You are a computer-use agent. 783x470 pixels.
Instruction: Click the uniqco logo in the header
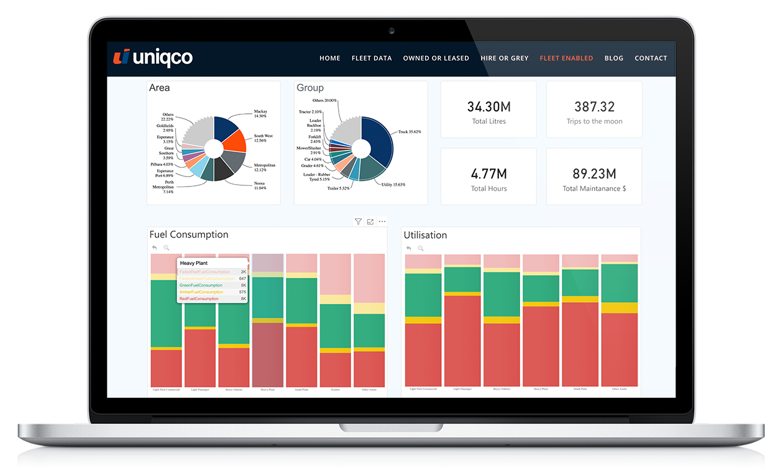tap(153, 57)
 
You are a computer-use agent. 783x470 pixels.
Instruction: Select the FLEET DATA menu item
tap(372, 58)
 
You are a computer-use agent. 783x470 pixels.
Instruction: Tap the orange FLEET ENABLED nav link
tap(566, 58)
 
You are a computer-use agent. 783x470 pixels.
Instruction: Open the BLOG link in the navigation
tap(613, 58)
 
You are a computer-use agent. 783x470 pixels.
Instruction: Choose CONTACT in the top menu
tap(651, 58)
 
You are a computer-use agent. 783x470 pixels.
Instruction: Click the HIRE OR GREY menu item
tap(504, 58)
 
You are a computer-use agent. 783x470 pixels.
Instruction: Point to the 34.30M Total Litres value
tap(488, 107)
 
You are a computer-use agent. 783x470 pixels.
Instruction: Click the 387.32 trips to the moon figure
tap(594, 107)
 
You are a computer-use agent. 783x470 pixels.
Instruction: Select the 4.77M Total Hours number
tap(488, 174)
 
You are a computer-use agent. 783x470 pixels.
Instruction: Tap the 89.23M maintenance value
tap(594, 174)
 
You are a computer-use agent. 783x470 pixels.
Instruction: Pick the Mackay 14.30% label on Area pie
tap(260, 114)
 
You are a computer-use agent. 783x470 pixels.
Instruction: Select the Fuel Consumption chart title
tap(189, 234)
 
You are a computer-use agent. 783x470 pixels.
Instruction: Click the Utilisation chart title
tap(425, 235)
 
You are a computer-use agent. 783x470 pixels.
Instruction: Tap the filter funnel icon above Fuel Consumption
tap(358, 221)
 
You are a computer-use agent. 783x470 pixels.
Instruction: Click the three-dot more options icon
tap(382, 221)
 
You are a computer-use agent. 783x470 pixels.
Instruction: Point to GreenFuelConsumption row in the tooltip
tap(200, 285)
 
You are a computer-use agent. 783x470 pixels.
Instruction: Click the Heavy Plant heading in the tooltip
tap(193, 263)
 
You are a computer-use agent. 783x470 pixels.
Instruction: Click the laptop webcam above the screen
tap(391, 30)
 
